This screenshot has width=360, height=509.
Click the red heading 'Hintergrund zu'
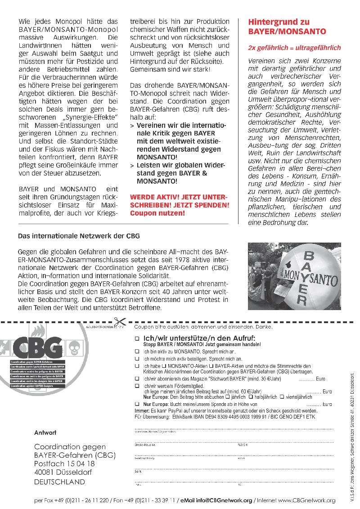[279, 22]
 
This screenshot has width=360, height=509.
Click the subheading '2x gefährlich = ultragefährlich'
[294, 47]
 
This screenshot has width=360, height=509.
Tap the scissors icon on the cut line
[119, 322]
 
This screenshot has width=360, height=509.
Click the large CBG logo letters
[38, 347]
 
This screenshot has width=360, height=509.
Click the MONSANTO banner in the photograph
[310, 275]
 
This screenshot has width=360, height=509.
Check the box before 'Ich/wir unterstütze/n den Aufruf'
[137, 338]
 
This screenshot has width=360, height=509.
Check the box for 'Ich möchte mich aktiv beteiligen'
[137, 359]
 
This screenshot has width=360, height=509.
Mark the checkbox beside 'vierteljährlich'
[282, 397]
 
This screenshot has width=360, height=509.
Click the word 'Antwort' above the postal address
[45, 432]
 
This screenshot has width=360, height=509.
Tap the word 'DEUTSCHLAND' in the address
[59, 482]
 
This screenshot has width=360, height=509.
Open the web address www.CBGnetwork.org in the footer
[306, 500]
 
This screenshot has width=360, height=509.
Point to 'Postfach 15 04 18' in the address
[64, 463]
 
